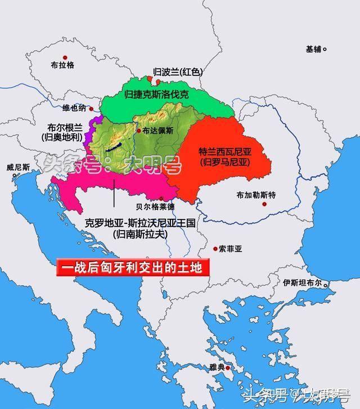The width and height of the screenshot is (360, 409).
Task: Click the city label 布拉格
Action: click(x=62, y=66)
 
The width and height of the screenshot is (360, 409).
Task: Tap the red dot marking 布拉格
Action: click(x=65, y=57)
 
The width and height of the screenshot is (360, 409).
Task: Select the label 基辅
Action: click(x=314, y=49)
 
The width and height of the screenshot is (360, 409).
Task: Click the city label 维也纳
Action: click(x=75, y=107)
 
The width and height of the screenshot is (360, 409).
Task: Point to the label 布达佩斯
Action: click(x=158, y=129)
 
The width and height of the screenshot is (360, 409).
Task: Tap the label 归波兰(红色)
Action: click(x=178, y=73)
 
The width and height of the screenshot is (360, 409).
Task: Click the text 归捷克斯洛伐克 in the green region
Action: click(x=157, y=95)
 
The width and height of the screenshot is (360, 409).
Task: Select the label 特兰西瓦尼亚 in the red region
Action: click(x=223, y=152)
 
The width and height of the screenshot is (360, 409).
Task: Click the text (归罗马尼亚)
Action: click(x=223, y=162)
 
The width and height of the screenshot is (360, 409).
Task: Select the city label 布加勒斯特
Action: click(x=256, y=196)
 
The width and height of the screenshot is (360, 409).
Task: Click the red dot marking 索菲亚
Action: click(x=215, y=248)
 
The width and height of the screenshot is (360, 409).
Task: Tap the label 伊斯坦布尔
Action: click(x=302, y=282)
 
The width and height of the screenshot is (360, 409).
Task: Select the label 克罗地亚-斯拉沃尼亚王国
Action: click(x=140, y=223)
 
